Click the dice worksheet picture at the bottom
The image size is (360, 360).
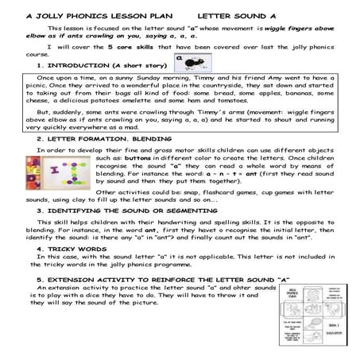(307, 326)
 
